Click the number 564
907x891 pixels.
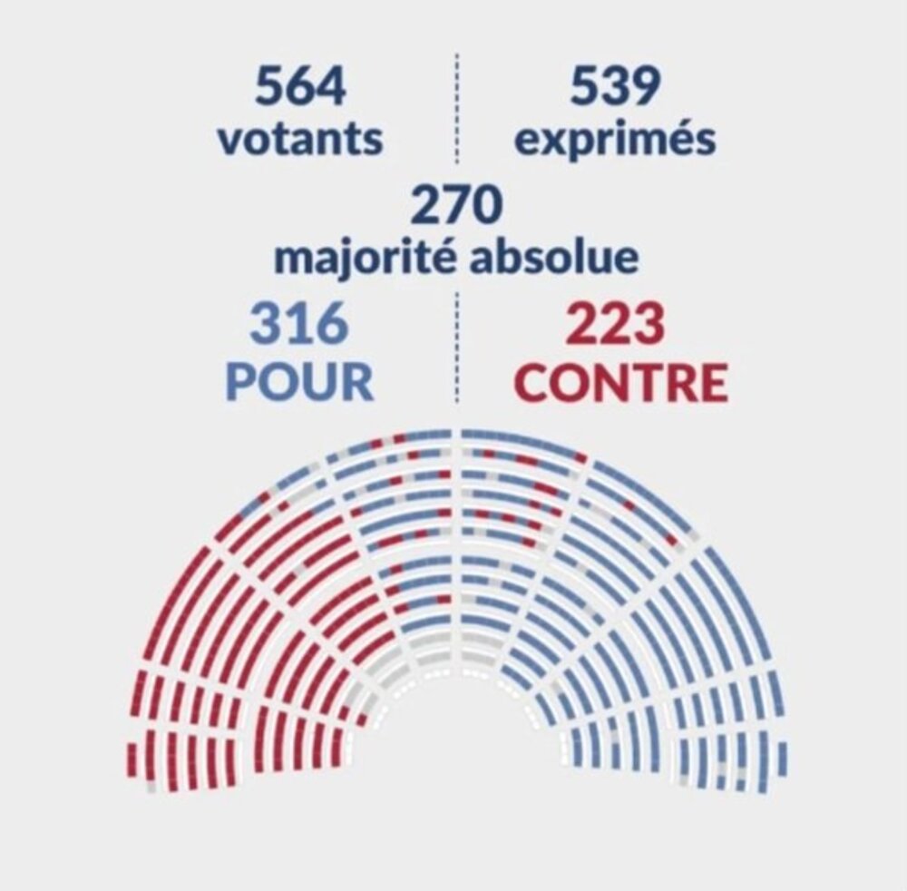click(300, 88)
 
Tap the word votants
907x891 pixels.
click(300, 141)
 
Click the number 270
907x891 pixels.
click(456, 206)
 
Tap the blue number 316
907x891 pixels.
click(299, 326)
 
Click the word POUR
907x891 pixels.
click(299, 382)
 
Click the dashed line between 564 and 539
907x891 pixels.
click(456, 109)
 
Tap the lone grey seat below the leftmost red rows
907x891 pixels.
click(151, 788)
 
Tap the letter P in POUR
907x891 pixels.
click(240, 382)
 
